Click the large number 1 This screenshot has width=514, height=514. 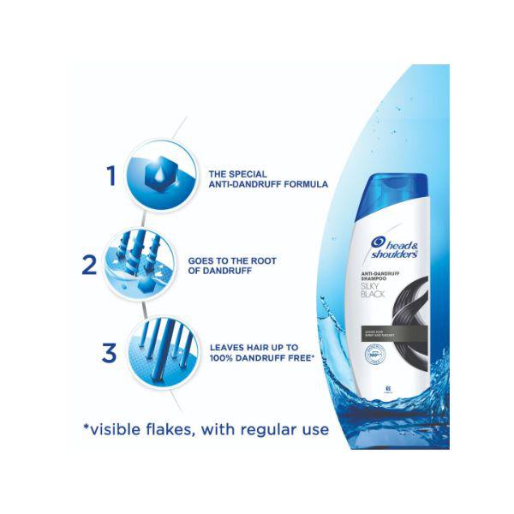coord(111,176)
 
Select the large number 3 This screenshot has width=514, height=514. coord(109,352)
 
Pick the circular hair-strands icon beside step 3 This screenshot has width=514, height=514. coord(158,351)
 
